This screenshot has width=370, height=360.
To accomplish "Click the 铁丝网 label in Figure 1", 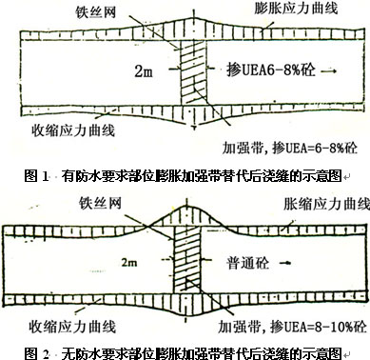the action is coord(95,12).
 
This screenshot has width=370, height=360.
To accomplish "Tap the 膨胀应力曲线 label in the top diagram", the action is coord(296,9).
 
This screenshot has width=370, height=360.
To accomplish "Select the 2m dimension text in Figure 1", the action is coord(144,70).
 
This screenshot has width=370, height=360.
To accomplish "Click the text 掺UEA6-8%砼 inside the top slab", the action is coord(271,70).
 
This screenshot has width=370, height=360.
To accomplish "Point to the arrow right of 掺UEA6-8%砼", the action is coord(328,71).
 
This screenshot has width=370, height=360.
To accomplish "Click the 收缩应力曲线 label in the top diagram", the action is coord(73,130).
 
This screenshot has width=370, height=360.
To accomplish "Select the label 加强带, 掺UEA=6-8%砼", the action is coord(289,148).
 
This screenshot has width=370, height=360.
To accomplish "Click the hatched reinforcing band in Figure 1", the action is coord(193,73).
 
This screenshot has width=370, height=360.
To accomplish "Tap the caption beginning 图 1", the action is coord(184,175).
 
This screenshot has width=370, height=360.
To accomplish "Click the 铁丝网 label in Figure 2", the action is coord(100,203).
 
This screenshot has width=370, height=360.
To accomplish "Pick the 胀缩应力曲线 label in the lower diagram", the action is coord(326,204).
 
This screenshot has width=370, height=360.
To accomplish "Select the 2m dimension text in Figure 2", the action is coord(129,263).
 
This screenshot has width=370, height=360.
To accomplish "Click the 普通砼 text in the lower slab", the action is coord(247,263).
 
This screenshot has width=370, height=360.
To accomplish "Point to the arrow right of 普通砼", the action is coord(285,263).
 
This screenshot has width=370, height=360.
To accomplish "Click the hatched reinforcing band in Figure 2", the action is coord(186,261).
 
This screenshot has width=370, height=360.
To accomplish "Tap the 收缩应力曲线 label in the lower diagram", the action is coord(72,327).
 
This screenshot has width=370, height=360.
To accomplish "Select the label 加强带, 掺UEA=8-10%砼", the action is coord(292,327).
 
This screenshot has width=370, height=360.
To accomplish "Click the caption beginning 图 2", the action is coord(184,353).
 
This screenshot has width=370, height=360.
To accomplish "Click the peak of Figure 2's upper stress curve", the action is coord(187,205).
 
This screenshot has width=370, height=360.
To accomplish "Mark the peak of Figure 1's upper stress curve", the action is coord(194,16).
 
